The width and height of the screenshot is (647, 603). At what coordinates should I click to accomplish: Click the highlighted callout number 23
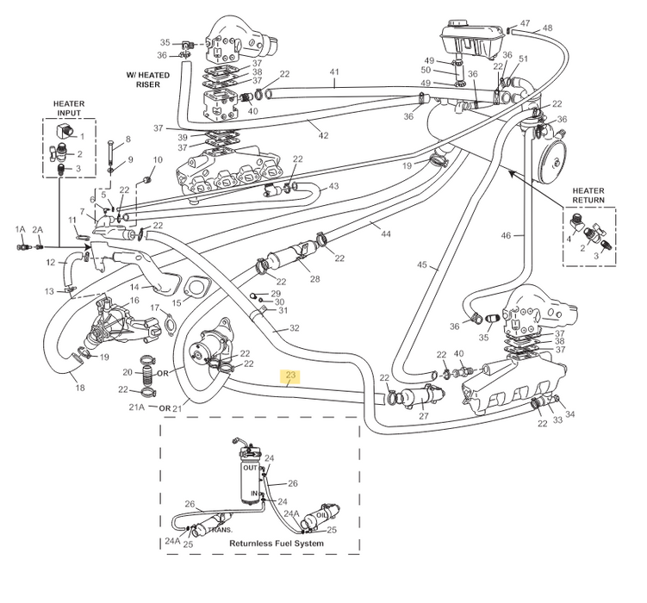(289, 376)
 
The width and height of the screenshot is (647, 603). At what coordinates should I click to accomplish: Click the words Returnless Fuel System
(276, 544)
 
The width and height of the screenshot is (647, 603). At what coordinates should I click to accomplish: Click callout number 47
(525, 22)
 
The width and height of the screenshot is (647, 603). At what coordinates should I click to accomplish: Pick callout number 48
(547, 28)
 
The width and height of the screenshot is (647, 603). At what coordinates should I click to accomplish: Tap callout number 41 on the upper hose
(333, 71)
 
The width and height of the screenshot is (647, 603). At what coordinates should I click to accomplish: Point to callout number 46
(506, 234)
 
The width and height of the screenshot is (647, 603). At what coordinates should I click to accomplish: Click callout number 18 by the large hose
(80, 388)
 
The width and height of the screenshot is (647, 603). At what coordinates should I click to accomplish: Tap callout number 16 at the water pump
(134, 301)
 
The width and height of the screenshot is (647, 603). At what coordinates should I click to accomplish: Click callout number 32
(294, 328)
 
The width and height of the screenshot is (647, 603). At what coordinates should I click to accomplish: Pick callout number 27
(423, 416)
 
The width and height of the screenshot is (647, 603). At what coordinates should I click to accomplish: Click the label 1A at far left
(20, 229)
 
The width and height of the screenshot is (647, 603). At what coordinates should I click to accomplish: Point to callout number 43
(333, 186)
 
